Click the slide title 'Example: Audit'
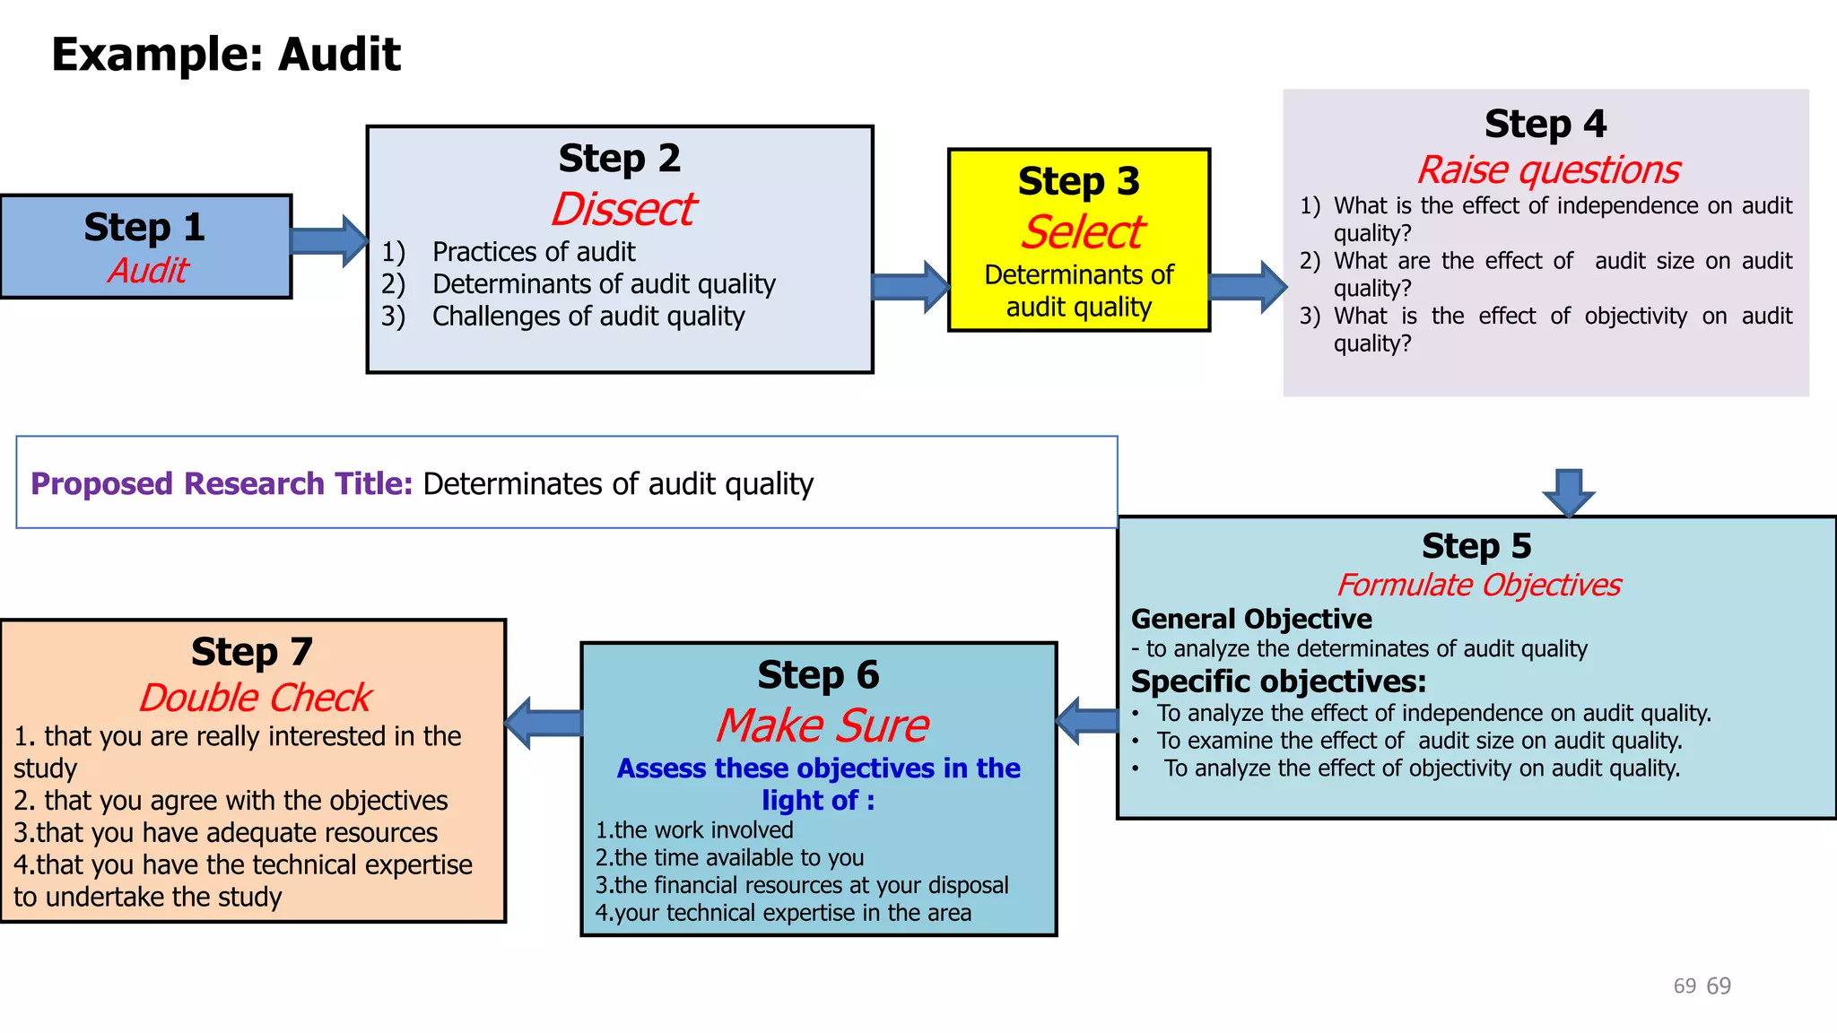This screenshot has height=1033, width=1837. coord(225,54)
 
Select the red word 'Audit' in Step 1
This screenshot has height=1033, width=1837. coord(148,270)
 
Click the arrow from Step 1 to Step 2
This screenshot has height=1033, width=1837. coord(329,240)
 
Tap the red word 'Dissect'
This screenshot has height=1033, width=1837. coord(622,209)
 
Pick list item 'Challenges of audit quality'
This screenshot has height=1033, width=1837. coord(588,317)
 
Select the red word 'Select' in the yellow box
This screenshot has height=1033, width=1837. coord(1081,232)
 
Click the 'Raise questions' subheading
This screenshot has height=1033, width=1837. coord(1547,169)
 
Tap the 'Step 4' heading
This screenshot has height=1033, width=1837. coord(1545,124)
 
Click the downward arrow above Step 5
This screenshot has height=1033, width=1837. coord(1568,491)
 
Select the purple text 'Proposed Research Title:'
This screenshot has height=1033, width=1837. coord(222,484)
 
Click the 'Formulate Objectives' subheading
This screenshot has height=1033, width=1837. coord(1478,585)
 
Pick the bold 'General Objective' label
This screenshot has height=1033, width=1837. coord(1251,619)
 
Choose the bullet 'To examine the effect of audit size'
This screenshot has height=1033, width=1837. coord(1418,741)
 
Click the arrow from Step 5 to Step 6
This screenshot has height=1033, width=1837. coord(1088,720)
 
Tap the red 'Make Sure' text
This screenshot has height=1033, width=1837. coord(822,725)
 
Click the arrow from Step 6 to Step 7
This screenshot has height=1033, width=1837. coord(544,723)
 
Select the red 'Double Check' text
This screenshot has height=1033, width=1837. coord(255,698)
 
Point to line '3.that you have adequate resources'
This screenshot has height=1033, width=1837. coord(225,833)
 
